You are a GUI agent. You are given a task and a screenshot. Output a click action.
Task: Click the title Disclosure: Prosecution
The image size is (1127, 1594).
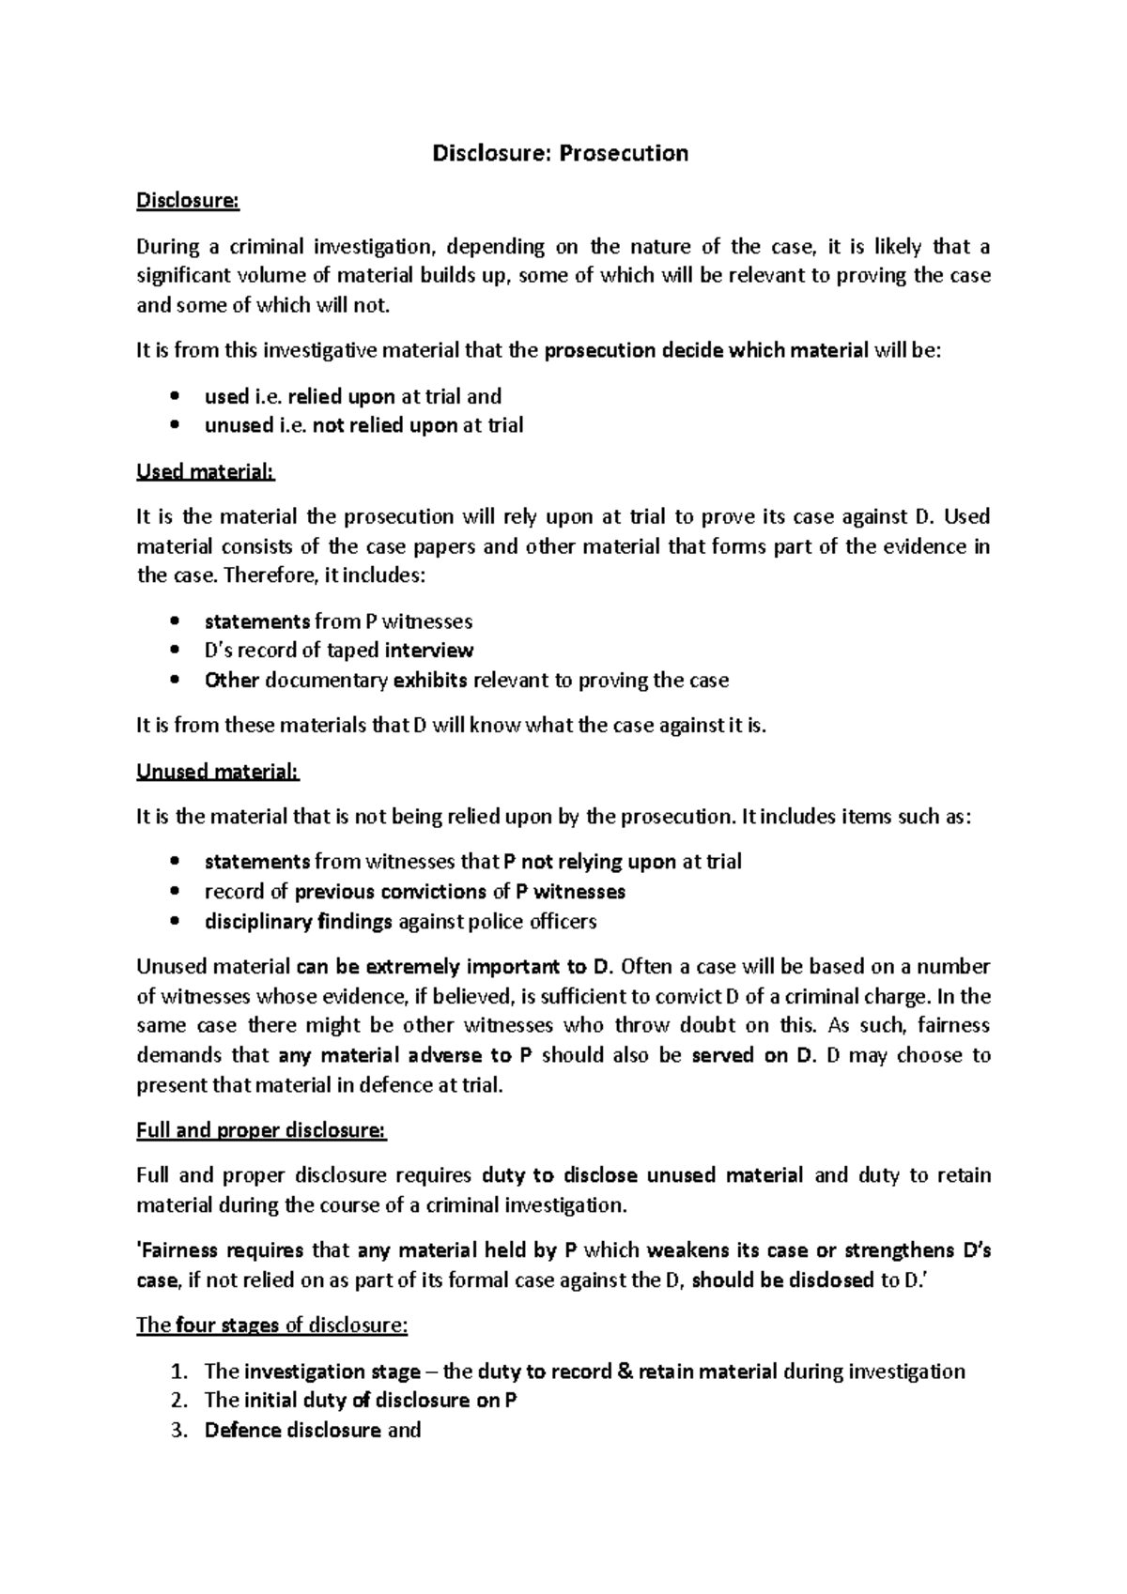(560, 153)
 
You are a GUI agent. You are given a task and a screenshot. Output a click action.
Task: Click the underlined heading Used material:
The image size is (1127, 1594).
(206, 471)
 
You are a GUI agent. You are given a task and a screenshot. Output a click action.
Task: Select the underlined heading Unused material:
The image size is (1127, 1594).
(217, 772)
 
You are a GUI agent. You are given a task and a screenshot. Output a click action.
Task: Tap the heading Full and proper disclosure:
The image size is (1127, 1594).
(261, 1130)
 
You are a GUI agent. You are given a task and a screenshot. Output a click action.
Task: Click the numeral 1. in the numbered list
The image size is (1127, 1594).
(180, 1372)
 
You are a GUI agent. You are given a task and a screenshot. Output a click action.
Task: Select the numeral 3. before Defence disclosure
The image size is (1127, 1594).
(180, 1431)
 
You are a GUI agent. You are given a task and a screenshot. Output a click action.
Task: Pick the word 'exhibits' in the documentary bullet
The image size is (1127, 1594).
(429, 681)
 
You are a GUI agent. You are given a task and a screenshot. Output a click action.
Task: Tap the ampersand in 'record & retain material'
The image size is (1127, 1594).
(626, 1372)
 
